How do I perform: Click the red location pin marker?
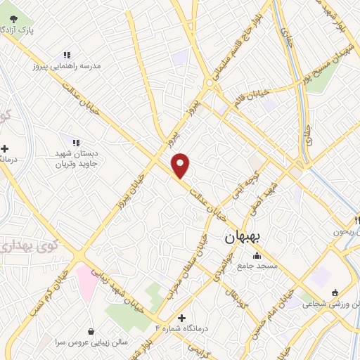181,165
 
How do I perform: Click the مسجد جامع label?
257,266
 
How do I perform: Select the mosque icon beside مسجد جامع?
257,255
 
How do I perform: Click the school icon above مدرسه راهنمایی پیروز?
67,54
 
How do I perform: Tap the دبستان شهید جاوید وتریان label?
79,158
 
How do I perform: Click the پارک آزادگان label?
20,30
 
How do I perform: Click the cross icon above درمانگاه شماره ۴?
182,318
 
